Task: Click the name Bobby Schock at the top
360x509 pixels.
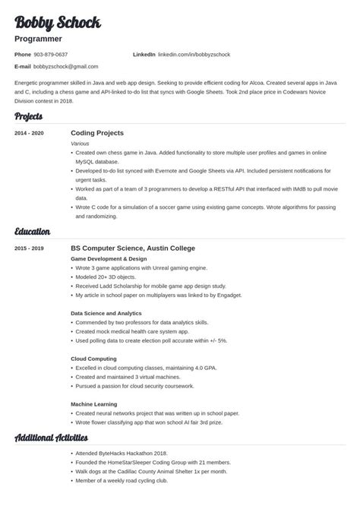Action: coord(58,22)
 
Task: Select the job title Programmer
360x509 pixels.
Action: coord(38,38)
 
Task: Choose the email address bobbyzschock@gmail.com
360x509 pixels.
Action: coord(65,66)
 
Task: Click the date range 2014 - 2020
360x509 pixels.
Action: coord(29,133)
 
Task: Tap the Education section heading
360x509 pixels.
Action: coord(33,231)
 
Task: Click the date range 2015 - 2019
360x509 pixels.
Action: coord(29,248)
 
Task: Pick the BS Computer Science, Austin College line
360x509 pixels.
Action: coord(133,248)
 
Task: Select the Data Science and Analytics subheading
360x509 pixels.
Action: coord(107,312)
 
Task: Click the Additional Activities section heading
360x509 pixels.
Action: coord(52,438)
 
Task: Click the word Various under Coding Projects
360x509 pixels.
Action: coord(80,142)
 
